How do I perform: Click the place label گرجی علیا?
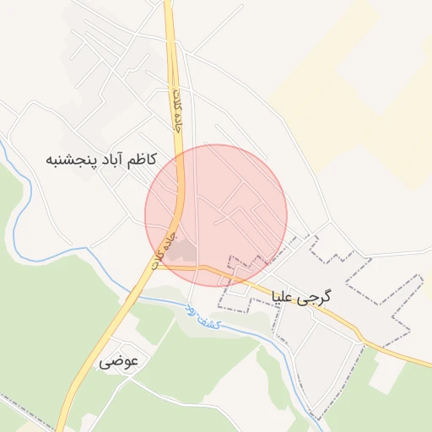pyautogui.click(x=301, y=297)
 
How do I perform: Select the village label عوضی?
pyautogui.click(x=118, y=362)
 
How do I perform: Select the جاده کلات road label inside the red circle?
pyautogui.click(x=164, y=251)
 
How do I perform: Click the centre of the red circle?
pyautogui.click(x=216, y=215)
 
